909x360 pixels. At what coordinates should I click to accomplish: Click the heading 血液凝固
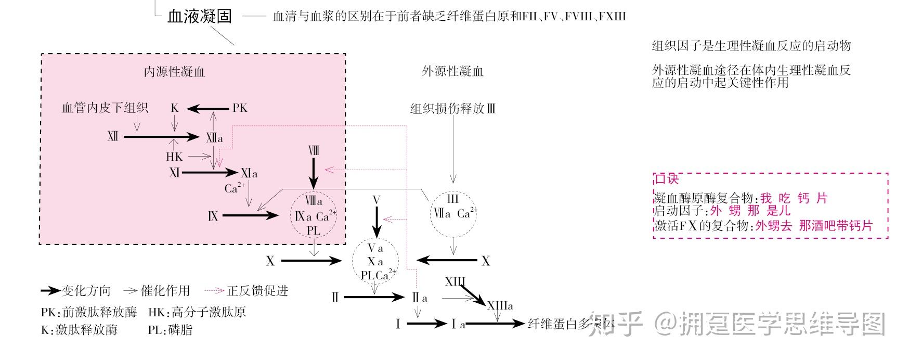[200, 16]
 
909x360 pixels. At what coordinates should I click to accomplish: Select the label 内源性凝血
[174, 71]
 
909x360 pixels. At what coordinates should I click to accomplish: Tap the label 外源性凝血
[452, 71]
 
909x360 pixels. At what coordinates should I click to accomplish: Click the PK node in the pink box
[240, 108]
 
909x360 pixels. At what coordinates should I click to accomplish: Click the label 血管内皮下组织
[105, 108]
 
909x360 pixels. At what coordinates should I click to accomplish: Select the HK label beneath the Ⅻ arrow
[174, 157]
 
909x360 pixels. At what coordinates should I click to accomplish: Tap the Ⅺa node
[249, 173]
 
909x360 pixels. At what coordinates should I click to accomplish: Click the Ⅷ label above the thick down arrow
[313, 151]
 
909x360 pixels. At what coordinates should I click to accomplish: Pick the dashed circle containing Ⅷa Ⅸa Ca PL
[314, 215]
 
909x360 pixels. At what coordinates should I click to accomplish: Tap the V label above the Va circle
[376, 200]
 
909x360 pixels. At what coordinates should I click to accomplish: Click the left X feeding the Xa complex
[270, 261]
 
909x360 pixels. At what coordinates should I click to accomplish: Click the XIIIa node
[500, 306]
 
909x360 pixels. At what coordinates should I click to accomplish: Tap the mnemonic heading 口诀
[667, 179]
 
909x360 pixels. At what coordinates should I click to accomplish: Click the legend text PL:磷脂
[170, 329]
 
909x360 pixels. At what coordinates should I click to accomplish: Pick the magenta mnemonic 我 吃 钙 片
[793, 198]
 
